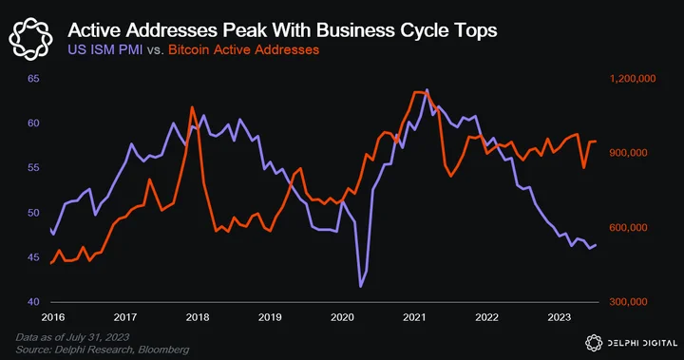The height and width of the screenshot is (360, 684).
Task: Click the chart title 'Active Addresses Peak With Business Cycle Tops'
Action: (x=282, y=30)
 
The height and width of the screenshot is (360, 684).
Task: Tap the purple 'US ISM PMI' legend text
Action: (x=105, y=49)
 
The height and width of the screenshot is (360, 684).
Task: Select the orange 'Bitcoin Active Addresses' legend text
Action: (x=244, y=49)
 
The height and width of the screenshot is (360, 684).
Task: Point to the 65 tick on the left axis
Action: (x=33, y=79)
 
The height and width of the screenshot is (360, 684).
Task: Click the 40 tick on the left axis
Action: (x=33, y=301)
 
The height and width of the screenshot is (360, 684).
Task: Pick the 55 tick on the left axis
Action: (x=33, y=167)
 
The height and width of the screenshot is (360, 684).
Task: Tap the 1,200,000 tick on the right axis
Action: (x=633, y=79)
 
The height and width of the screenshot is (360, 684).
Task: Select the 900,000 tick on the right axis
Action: (x=629, y=153)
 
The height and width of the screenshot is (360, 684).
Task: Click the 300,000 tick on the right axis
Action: (x=629, y=301)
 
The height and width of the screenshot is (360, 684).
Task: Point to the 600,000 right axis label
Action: (x=629, y=227)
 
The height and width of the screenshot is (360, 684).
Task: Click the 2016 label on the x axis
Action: (x=53, y=317)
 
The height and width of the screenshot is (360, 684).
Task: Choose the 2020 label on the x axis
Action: (x=342, y=317)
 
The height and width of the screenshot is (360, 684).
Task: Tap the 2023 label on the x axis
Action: (x=560, y=317)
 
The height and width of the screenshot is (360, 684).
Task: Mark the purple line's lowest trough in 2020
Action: (x=361, y=287)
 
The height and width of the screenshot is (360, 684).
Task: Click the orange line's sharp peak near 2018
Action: (x=192, y=107)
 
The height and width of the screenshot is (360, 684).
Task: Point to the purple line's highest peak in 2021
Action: (x=427, y=90)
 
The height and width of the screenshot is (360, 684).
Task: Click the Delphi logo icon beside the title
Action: (x=30, y=39)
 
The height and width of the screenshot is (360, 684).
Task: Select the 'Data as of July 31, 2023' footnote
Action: (x=72, y=337)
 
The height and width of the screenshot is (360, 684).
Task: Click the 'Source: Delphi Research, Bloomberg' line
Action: (x=103, y=350)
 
